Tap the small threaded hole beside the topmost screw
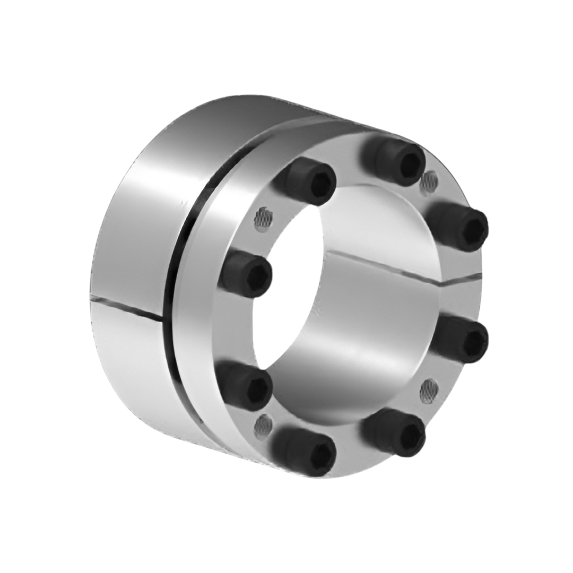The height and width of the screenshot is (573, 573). (x=429, y=182)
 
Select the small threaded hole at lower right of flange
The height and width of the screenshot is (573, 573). (x=429, y=390)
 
